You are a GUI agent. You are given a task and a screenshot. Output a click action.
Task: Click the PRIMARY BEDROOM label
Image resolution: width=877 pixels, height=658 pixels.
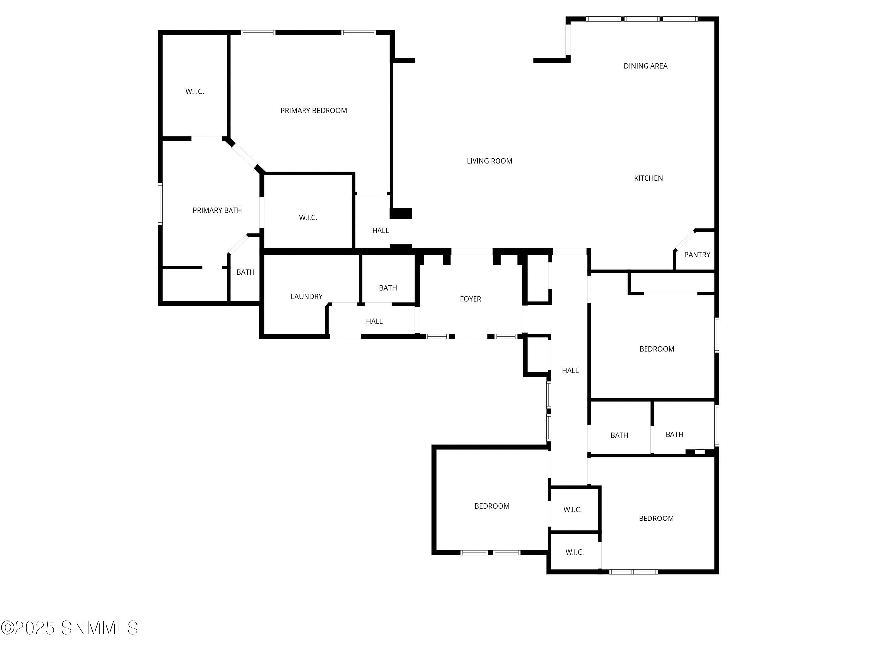pos(314,111)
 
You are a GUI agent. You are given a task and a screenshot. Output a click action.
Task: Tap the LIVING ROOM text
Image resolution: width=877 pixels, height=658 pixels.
pos(489,161)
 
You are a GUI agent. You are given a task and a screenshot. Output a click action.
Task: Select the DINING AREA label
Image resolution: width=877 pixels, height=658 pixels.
pos(646,66)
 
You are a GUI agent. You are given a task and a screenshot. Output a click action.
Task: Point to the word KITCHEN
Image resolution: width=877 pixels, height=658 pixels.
pos(648,178)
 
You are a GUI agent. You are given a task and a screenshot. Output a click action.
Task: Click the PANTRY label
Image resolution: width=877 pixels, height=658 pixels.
pos(697,255)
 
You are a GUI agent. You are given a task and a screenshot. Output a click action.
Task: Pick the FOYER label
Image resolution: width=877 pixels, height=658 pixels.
pos(470,299)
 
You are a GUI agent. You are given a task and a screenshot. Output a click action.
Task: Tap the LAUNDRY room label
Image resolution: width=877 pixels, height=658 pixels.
pos(306,297)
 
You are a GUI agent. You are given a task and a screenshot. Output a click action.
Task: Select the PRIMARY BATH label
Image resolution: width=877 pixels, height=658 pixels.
pos(217,210)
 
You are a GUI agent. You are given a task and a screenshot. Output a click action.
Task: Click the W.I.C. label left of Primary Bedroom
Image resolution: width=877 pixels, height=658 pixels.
pos(195,91)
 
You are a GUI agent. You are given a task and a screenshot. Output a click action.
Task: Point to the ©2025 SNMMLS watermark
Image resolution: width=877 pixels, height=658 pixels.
pos(69,628)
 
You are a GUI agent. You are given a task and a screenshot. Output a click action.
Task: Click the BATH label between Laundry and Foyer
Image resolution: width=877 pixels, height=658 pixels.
pos(388,288)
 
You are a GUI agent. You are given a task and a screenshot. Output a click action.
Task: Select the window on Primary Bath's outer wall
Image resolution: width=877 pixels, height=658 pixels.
pos(160,204)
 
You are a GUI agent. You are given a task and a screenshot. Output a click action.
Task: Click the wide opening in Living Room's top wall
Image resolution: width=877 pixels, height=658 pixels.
pos(474,60)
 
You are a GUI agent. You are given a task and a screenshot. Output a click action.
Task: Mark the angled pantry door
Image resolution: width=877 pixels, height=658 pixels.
pos(685,240)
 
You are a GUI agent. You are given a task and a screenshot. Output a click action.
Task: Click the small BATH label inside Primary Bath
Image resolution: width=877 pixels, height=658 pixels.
pos(245,272)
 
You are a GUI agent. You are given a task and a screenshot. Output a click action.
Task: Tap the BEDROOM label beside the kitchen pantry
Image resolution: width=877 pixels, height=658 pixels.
pos(657,349)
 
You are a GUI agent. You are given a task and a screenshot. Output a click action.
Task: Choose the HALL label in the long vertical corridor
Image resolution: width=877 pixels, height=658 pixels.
pos(570,370)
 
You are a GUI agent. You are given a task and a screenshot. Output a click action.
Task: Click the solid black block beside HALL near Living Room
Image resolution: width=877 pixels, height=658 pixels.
pos(401,214)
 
